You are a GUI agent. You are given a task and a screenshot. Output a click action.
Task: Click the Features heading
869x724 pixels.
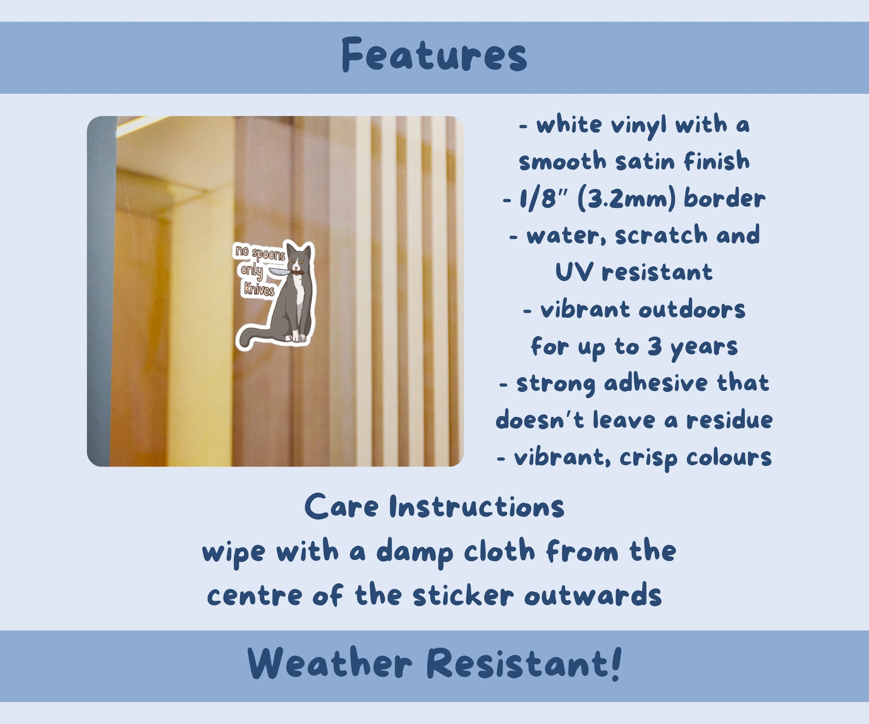[x=434, y=55]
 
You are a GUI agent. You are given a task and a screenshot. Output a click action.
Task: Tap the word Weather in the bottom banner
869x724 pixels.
[x=329, y=663]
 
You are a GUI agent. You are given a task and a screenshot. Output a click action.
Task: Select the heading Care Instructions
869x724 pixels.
[x=434, y=507]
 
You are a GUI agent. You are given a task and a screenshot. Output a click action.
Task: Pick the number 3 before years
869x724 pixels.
[x=655, y=346]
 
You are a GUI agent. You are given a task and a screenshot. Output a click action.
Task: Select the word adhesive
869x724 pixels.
[x=656, y=383]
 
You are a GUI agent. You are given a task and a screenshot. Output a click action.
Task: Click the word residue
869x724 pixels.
[x=729, y=420]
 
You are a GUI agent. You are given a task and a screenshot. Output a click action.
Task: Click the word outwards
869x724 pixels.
[x=593, y=596]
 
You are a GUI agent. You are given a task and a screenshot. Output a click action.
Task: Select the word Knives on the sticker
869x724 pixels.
[x=259, y=289]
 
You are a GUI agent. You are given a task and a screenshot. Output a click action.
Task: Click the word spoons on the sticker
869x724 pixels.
[x=268, y=255]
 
